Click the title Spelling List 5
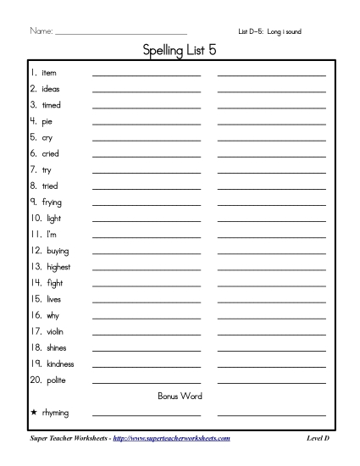[x=180, y=51]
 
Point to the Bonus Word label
[x=180, y=396]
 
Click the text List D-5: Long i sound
[x=270, y=31]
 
